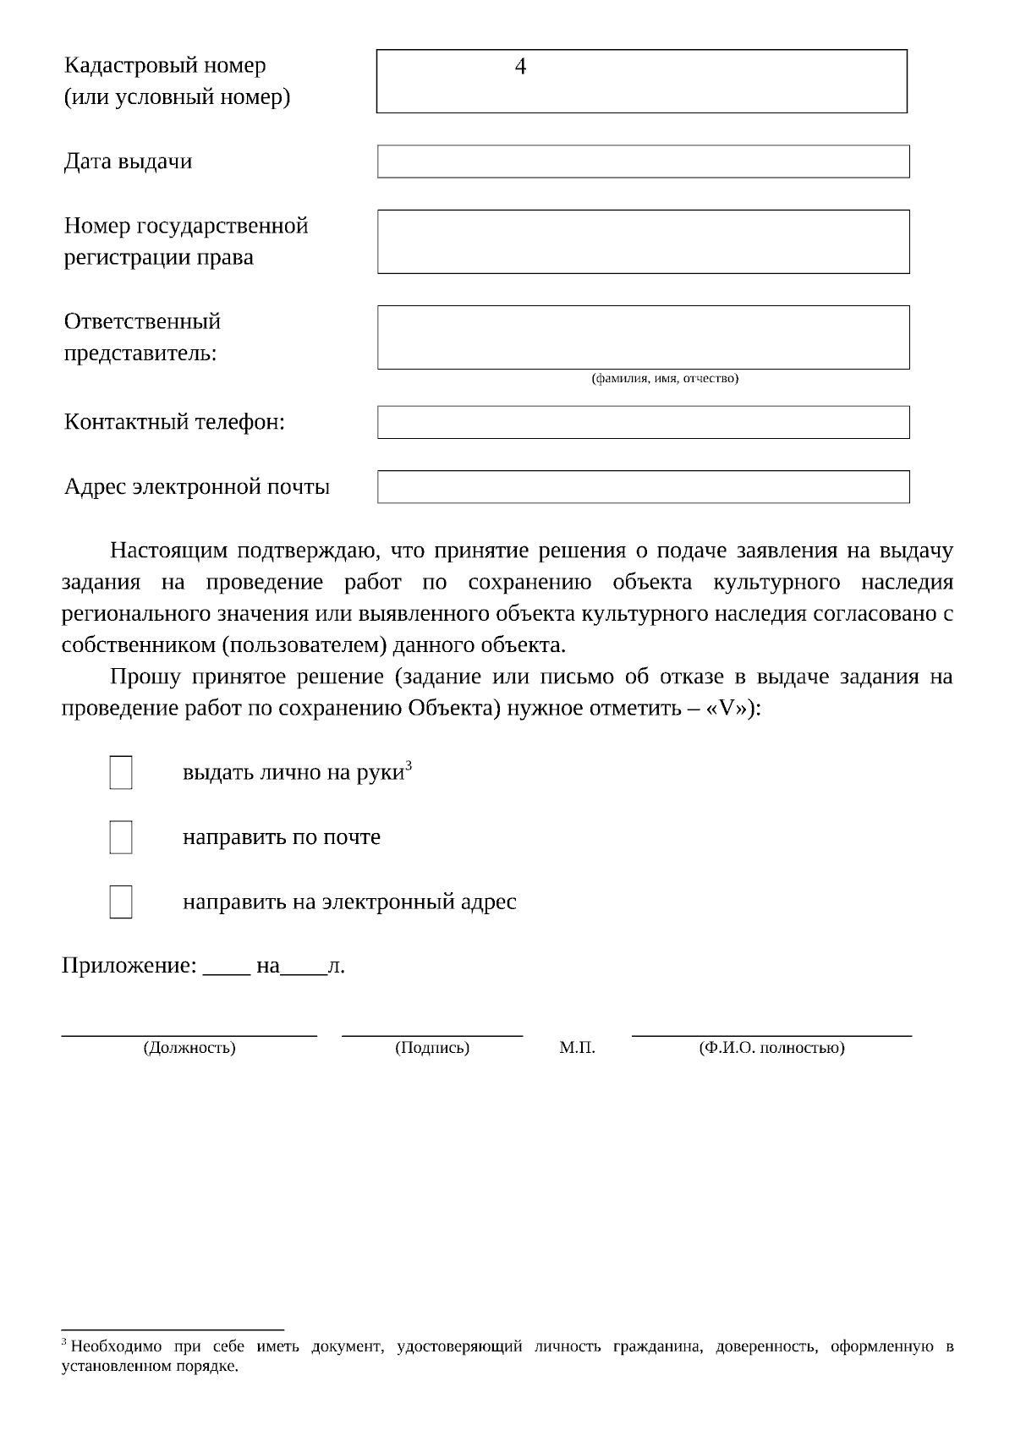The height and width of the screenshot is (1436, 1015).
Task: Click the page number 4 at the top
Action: [x=520, y=67]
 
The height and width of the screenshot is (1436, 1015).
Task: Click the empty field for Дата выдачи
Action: [x=643, y=162]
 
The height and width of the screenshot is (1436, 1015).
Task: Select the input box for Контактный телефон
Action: [x=643, y=422]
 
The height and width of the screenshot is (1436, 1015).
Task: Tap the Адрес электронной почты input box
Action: [x=643, y=487]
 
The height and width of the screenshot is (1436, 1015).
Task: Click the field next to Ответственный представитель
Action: [x=643, y=337]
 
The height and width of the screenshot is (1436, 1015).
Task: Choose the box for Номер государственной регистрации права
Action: [x=643, y=242]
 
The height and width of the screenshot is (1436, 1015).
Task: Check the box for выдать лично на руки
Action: [x=121, y=772]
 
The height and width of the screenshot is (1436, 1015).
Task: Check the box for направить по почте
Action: [x=121, y=837]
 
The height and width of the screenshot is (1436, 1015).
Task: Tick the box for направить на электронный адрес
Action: [x=121, y=902]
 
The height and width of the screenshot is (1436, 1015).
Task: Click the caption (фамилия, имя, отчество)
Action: [x=664, y=378]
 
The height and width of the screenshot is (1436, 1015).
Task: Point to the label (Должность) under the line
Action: [x=189, y=1048]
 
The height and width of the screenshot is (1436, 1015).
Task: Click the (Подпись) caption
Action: [x=432, y=1048]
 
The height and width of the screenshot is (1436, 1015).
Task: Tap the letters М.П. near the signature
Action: [x=577, y=1048]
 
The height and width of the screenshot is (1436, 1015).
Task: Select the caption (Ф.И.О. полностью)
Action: [x=771, y=1048]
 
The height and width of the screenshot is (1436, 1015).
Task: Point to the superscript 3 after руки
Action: [x=409, y=765]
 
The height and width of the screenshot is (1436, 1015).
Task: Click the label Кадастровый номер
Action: [x=165, y=66]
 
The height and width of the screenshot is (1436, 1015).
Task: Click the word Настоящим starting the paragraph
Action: [x=169, y=551]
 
